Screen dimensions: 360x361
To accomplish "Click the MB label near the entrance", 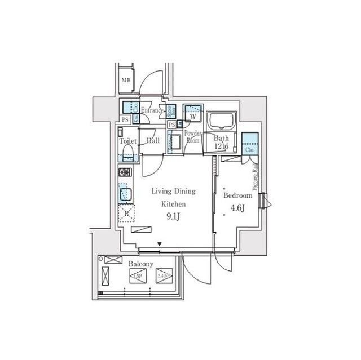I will coord(126,81).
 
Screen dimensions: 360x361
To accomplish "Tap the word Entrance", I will coord(151,110).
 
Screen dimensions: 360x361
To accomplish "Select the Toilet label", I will coord(127,142).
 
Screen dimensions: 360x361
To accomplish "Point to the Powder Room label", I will coord(194,138).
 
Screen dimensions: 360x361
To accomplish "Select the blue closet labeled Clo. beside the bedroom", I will coord(249,144).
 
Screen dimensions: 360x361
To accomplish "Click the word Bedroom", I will coord(237,195).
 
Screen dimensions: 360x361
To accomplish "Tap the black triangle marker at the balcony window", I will coord(160,245).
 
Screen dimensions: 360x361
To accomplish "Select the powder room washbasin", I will coord(175,141).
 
